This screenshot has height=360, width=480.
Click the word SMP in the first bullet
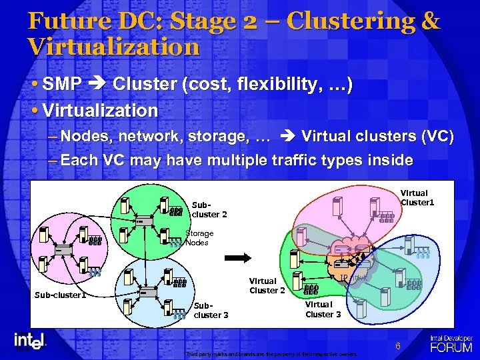coord(62,85)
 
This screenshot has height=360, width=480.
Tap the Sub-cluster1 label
coord(60,295)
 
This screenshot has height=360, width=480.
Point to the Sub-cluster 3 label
coord(211,311)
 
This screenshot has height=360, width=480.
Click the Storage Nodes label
coord(199,238)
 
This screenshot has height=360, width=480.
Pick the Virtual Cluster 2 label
coord(267,285)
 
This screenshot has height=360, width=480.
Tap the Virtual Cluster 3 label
coord(323,309)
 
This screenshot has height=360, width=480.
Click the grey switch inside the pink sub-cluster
coord(64,250)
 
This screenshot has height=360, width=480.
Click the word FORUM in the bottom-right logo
coord(451,347)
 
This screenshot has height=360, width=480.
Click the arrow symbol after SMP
coord(98,85)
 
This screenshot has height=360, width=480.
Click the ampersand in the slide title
coord(430,21)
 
